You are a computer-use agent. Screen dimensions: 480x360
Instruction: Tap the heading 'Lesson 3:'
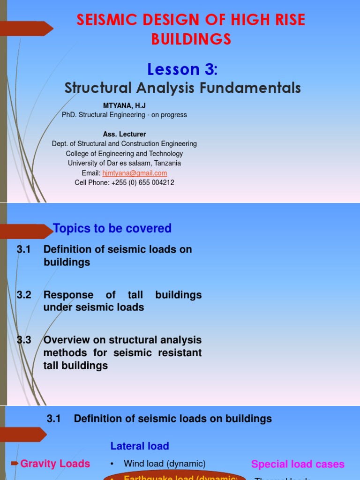tap(182, 69)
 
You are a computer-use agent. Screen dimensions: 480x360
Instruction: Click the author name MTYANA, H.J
tap(124, 106)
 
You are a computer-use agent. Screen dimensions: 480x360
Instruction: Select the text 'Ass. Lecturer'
tap(124, 134)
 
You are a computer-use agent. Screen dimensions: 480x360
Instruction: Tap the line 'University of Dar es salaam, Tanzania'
tap(124, 163)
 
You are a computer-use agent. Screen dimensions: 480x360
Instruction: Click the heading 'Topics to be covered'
tap(112, 228)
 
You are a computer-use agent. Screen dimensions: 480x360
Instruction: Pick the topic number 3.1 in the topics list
tap(23, 249)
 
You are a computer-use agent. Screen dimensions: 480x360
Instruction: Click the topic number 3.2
tap(23, 295)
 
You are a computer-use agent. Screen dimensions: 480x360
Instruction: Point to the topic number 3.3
tap(23, 340)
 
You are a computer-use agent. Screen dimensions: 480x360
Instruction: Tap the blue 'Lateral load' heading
tap(140, 446)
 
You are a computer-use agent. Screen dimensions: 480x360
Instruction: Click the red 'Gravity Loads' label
tap(55, 464)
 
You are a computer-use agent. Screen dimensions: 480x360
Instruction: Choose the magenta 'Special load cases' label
tap(298, 464)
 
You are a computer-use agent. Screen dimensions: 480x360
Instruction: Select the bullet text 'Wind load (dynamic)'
tap(165, 464)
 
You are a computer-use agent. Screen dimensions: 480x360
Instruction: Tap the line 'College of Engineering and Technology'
tap(124, 154)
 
